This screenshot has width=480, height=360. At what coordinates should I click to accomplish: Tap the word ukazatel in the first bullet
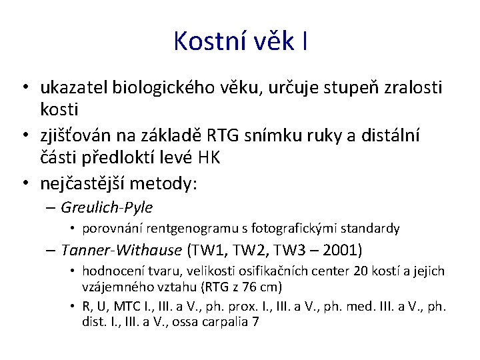(75, 87)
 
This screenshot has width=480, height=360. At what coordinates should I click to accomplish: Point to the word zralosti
(411, 87)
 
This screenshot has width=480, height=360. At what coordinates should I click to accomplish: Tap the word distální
(395, 137)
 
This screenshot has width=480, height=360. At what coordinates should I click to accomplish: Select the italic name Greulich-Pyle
(107, 207)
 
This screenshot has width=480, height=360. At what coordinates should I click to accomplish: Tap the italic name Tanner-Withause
(121, 251)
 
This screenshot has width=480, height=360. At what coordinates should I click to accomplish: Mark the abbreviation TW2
(257, 251)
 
